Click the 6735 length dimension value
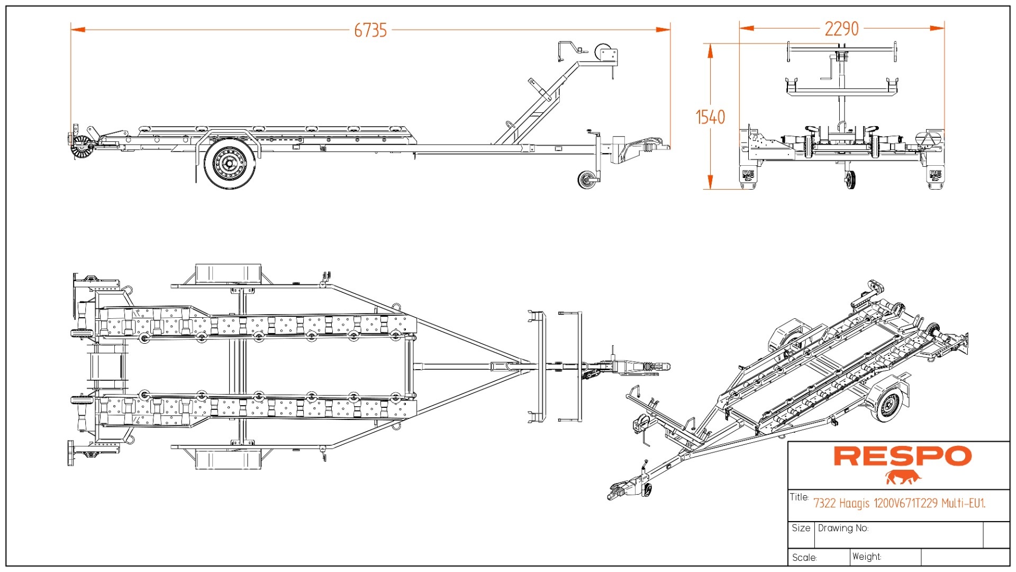tap(370, 30)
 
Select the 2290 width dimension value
tap(841, 29)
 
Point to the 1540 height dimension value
tap(710, 117)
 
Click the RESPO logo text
tap(903, 456)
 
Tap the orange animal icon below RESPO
tap(903, 477)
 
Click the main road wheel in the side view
tap(229, 163)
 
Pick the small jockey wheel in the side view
tap(586, 180)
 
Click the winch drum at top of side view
tap(604, 53)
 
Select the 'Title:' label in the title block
tap(799, 497)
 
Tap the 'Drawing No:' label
tap(843, 528)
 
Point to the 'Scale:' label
tap(804, 557)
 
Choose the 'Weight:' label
tap(867, 556)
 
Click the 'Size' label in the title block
tap(801, 528)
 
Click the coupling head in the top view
tap(659, 367)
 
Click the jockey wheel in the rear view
tap(850, 180)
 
